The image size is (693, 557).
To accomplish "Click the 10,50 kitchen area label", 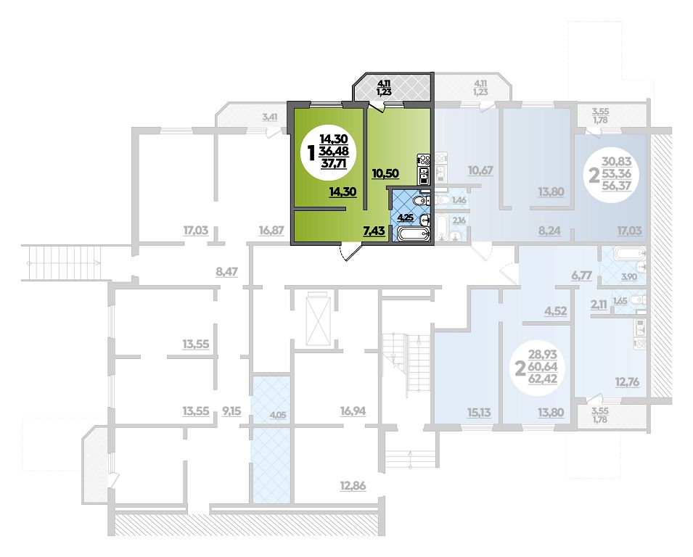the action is [x=385, y=173].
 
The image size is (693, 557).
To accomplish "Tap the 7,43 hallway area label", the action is [x=374, y=230].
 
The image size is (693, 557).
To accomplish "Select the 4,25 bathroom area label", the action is [x=405, y=218].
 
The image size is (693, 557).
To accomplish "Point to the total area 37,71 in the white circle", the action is [x=334, y=163].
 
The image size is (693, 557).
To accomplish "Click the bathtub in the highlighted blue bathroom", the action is [x=413, y=234].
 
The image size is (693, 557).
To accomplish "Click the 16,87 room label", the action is [x=271, y=230].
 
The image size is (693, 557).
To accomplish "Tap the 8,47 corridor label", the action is [x=226, y=271].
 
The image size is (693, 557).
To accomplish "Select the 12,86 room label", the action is [x=353, y=486].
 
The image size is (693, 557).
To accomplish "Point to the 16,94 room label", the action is [x=353, y=411].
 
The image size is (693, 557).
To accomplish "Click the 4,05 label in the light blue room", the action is [x=277, y=415].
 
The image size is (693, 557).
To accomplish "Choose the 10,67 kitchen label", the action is [x=480, y=170].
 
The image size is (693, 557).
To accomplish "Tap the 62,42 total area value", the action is [x=543, y=379].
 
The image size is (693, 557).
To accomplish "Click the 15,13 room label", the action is [x=479, y=413].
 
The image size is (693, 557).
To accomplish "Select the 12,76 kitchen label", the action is [x=627, y=381].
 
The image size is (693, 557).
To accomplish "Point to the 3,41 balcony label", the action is [x=270, y=117].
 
